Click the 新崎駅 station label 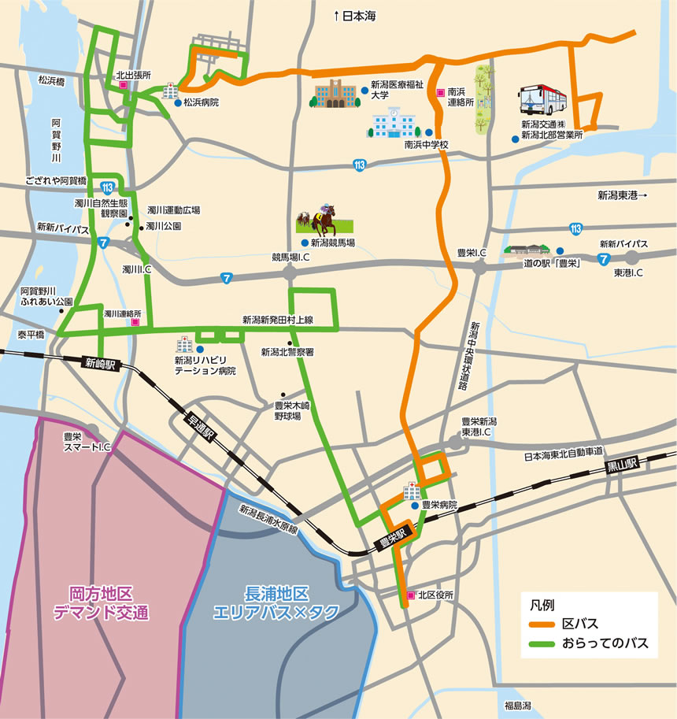tap(100, 364)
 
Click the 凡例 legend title tap(542, 605)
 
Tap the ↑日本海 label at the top tap(356, 14)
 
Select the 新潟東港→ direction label tap(621, 195)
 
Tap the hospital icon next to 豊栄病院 tap(412, 492)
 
